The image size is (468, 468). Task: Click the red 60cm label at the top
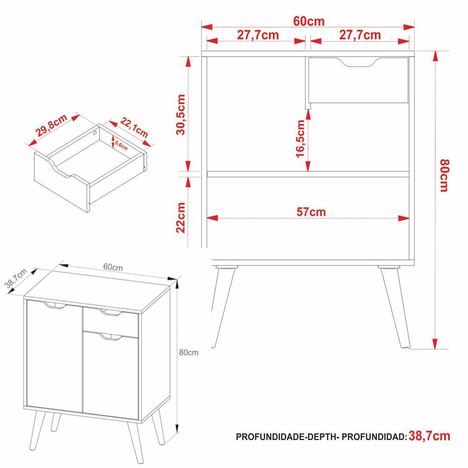(x=308, y=22)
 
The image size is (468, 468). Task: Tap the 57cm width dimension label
(x=311, y=212)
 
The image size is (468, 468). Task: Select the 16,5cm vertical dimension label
(x=300, y=139)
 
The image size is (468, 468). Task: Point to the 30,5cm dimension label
(x=181, y=115)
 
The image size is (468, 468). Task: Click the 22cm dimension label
(x=181, y=218)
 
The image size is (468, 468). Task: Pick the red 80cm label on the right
(x=445, y=175)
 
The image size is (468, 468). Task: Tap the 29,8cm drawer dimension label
(x=51, y=125)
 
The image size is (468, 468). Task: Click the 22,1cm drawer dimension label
(x=134, y=127)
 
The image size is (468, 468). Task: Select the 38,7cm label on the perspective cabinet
(x=16, y=278)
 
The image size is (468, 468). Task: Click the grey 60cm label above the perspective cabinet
(x=113, y=267)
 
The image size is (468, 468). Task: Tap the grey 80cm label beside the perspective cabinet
(x=189, y=352)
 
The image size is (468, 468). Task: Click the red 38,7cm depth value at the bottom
(x=429, y=436)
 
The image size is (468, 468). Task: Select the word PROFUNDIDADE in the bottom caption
(x=270, y=437)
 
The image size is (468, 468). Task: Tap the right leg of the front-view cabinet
(x=395, y=307)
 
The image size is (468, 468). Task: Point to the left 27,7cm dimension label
(x=258, y=35)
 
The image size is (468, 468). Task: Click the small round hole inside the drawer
(x=95, y=133)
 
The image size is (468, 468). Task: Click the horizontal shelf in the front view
(x=308, y=174)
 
